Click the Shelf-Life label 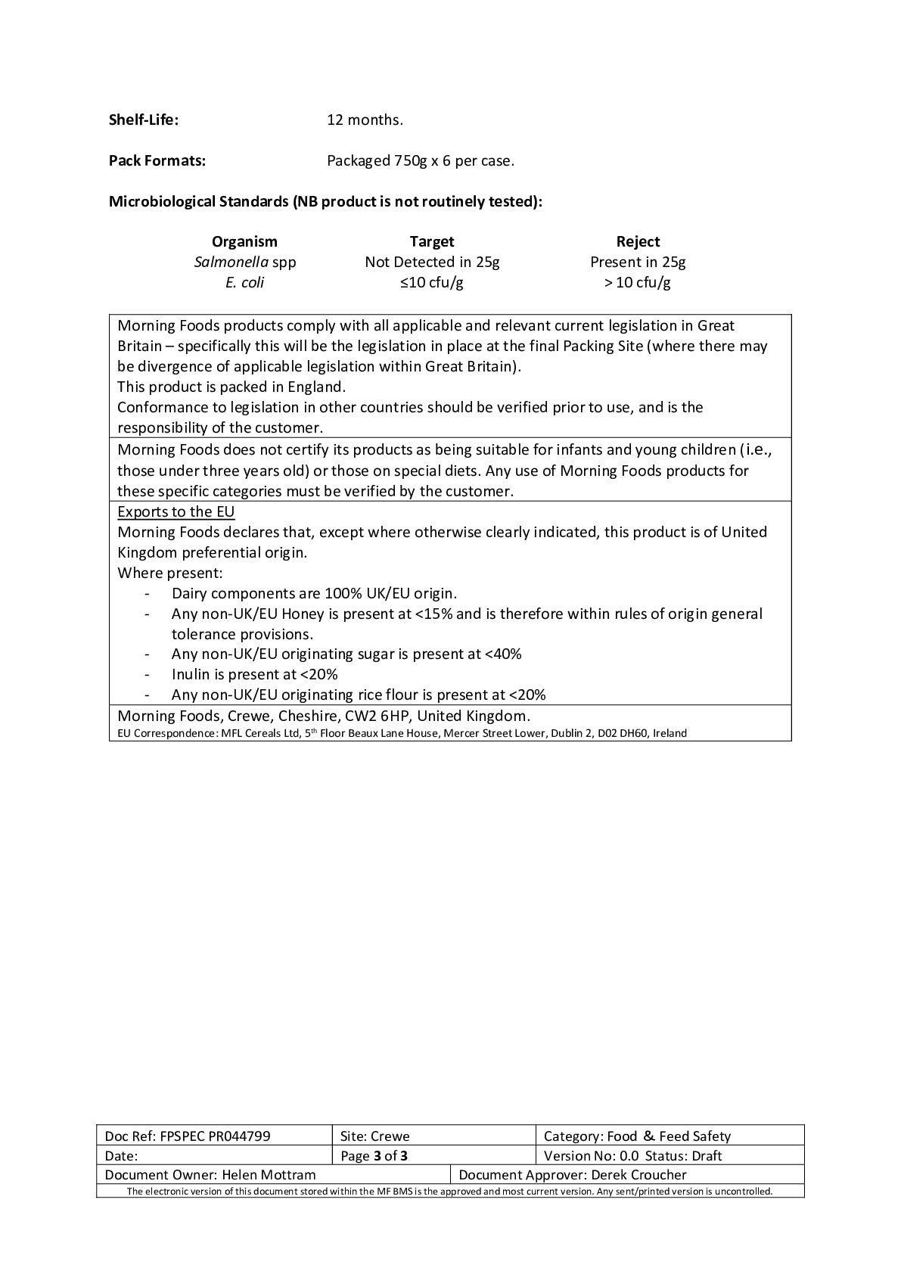144,120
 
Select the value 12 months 365,120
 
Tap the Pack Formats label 157,160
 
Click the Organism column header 244,241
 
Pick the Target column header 432,241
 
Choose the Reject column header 638,241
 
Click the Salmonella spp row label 245,262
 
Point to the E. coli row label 244,282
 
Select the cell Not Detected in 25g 432,262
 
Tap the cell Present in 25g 638,262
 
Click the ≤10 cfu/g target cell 432,282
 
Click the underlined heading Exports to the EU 176,511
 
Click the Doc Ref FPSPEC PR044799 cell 188,1136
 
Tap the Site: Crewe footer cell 375,1136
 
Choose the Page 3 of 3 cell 374,1155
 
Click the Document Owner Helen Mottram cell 210,1175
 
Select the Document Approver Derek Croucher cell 573,1175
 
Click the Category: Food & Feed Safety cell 637,1136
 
